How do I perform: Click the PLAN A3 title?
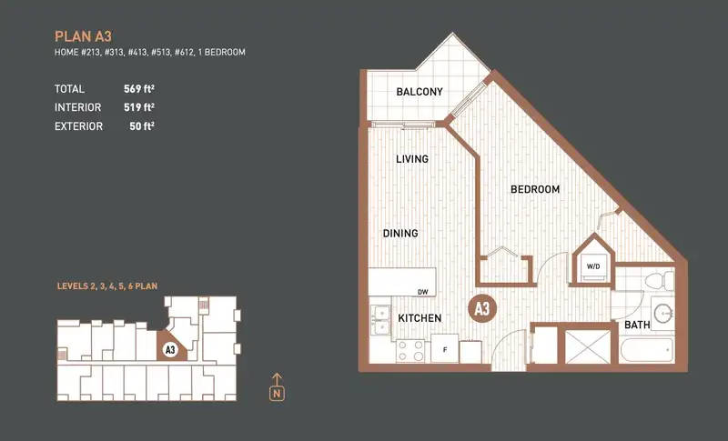[x=83, y=36]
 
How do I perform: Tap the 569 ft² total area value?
[x=139, y=88]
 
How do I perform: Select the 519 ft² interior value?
[x=139, y=107]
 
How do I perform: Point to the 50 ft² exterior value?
[x=142, y=126]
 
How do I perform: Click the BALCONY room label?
[x=420, y=92]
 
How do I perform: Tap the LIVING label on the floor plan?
[x=412, y=159]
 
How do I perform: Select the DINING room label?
[x=400, y=234]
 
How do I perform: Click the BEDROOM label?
[x=535, y=189]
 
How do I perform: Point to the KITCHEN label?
[x=420, y=318]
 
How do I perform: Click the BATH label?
[x=637, y=326]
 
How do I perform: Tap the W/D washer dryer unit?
[x=593, y=267]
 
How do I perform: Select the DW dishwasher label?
[x=422, y=292]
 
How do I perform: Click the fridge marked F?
[x=445, y=349]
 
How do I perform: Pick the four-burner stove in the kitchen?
[x=410, y=351]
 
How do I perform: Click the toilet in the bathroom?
[x=659, y=281]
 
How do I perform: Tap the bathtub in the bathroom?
[x=646, y=351]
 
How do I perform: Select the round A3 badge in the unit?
[x=482, y=309]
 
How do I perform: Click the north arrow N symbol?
[x=277, y=387]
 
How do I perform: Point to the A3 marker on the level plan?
[x=170, y=350]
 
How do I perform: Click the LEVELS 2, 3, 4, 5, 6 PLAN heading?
[x=107, y=286]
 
